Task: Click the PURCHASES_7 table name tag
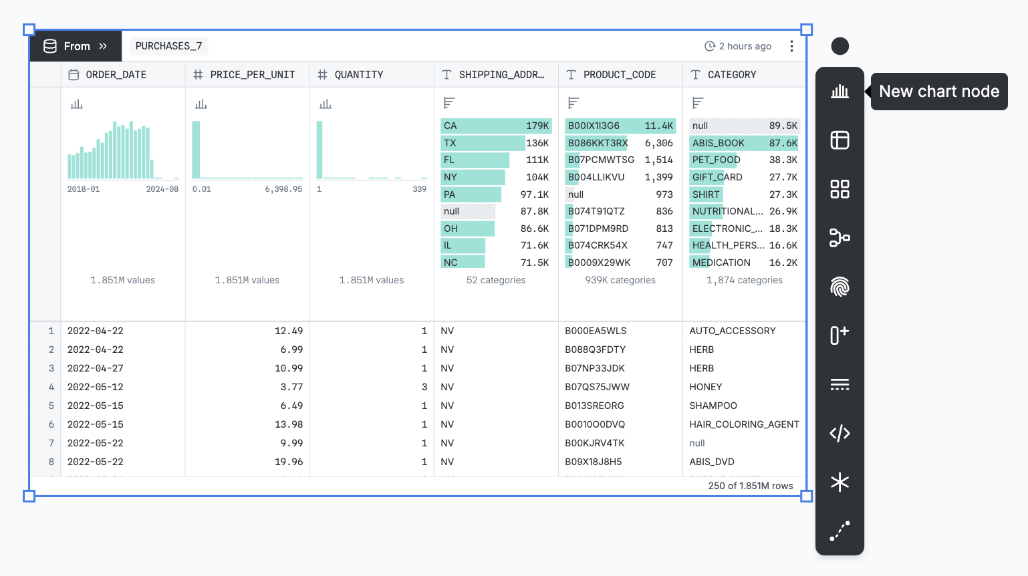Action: (168, 46)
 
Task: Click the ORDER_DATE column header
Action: (116, 75)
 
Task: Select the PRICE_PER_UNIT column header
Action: (252, 75)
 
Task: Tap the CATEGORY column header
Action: (731, 75)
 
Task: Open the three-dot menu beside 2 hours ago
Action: (791, 46)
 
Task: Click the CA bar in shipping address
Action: (495, 126)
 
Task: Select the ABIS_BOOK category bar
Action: (744, 143)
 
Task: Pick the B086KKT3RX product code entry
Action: (598, 143)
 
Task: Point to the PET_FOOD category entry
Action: (716, 160)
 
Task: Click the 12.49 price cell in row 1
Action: (288, 331)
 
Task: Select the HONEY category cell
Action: (706, 387)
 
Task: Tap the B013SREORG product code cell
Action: (594, 406)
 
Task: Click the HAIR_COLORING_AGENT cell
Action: (744, 424)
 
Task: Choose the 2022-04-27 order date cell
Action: (96, 368)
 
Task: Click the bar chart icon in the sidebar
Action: (840, 92)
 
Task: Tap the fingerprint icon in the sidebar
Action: (840, 287)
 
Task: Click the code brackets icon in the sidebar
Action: (840, 433)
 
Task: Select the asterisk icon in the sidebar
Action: (840, 482)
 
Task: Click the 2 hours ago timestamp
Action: (738, 46)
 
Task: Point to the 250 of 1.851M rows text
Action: (750, 486)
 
